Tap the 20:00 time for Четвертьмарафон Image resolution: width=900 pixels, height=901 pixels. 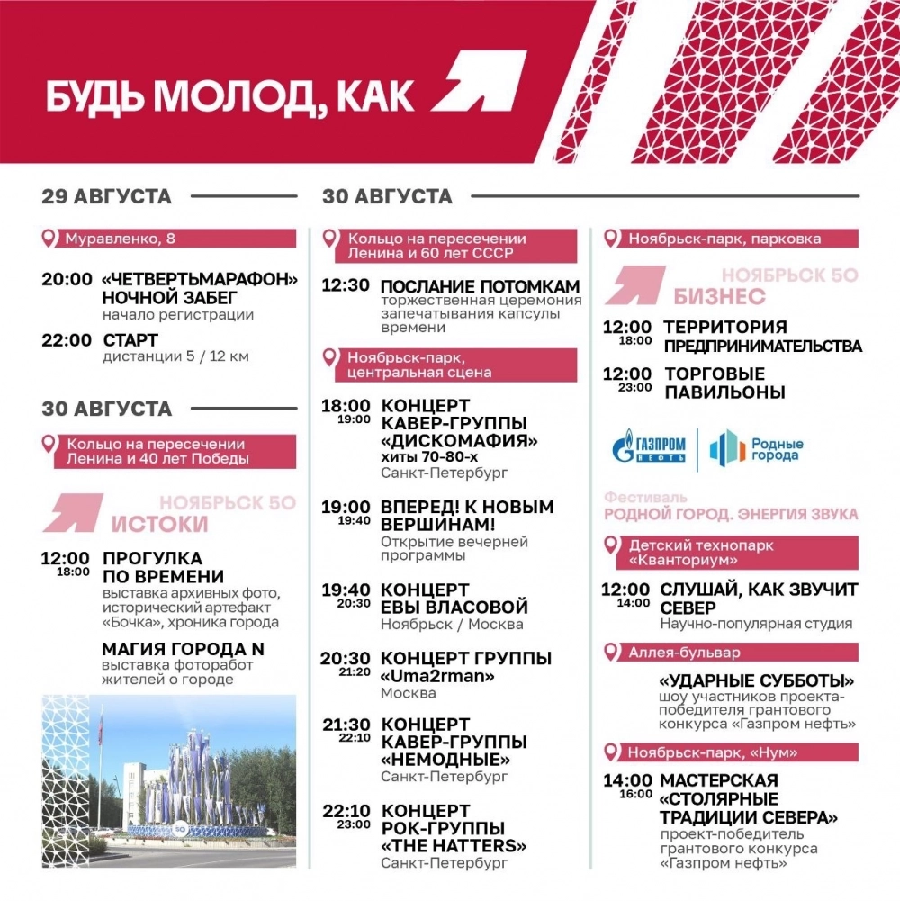tap(67, 279)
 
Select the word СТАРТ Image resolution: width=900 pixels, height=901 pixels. tap(130, 340)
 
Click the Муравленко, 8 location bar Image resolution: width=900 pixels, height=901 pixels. tap(169, 239)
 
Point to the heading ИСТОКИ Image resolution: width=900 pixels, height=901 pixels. tap(159, 524)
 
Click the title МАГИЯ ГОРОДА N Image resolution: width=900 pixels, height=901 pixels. tap(183, 648)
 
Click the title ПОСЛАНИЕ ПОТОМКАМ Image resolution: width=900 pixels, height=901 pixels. tap(480, 286)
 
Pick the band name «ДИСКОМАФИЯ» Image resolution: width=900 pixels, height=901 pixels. tap(460, 441)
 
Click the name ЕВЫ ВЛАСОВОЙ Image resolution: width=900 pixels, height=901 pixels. tap(454, 608)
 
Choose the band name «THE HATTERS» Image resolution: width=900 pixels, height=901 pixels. tap(454, 846)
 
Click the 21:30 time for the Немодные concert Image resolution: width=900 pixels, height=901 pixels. tap(346, 724)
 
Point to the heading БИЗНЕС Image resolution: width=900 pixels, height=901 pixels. tap(719, 297)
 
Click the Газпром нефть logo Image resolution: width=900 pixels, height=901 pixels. tap(649, 448)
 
